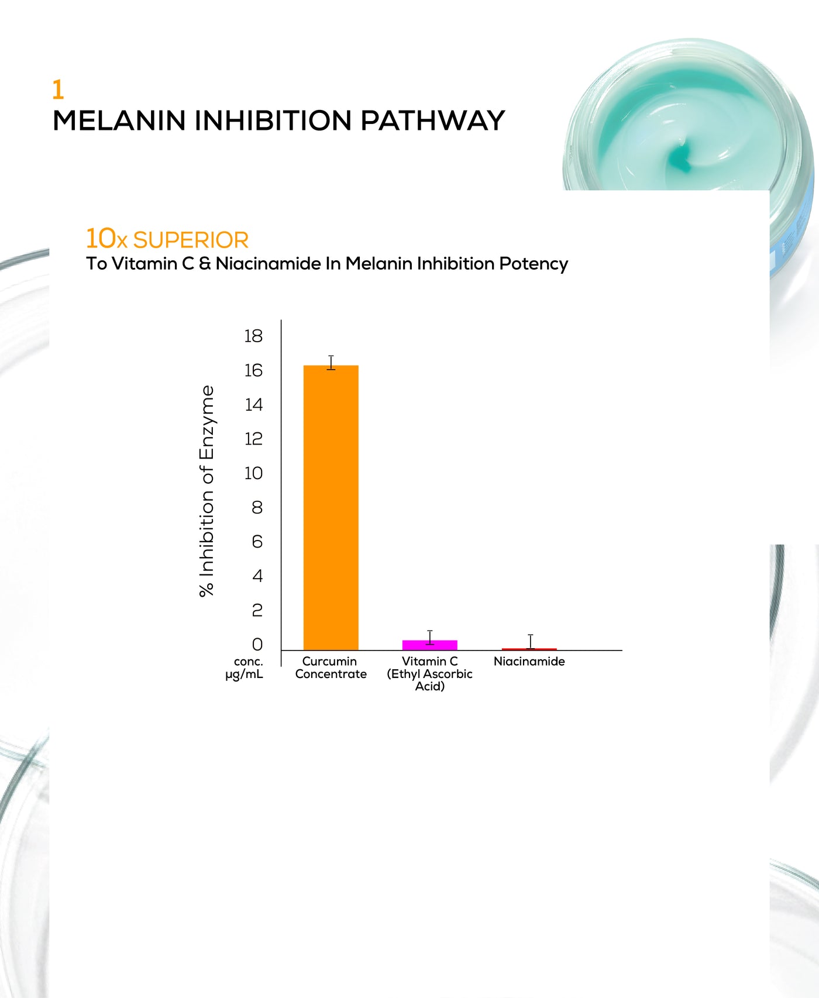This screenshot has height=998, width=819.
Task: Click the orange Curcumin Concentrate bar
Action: pyautogui.click(x=331, y=507)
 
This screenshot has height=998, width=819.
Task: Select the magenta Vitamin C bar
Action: pyautogui.click(x=429, y=645)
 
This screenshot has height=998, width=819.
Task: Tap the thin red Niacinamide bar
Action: pyautogui.click(x=529, y=649)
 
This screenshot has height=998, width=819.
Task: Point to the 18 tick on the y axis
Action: pyautogui.click(x=253, y=336)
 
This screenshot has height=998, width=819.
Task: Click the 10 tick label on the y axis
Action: pyautogui.click(x=253, y=473)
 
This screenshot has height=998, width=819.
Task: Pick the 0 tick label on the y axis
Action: pyautogui.click(x=257, y=644)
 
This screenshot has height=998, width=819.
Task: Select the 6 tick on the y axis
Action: pyautogui.click(x=257, y=541)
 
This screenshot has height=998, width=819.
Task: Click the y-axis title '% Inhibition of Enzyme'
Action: pyautogui.click(x=207, y=491)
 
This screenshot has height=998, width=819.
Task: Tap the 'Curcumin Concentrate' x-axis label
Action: pyautogui.click(x=331, y=667)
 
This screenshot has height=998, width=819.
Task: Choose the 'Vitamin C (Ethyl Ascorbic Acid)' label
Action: pyautogui.click(x=429, y=673)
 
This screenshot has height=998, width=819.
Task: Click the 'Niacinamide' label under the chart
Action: pyautogui.click(x=529, y=661)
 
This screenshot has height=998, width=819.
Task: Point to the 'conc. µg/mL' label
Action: pyautogui.click(x=245, y=667)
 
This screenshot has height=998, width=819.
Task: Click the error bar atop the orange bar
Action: pyautogui.click(x=331, y=363)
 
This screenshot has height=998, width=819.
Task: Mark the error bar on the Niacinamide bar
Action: pyautogui.click(x=531, y=642)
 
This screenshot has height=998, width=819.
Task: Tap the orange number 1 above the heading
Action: pyautogui.click(x=57, y=90)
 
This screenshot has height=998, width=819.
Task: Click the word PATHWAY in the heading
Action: pyautogui.click(x=432, y=121)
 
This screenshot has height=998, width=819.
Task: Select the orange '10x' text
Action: pyautogui.click(x=106, y=239)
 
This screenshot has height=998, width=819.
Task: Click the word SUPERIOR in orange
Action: pyautogui.click(x=191, y=240)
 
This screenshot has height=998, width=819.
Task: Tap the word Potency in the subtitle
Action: pyautogui.click(x=534, y=264)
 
